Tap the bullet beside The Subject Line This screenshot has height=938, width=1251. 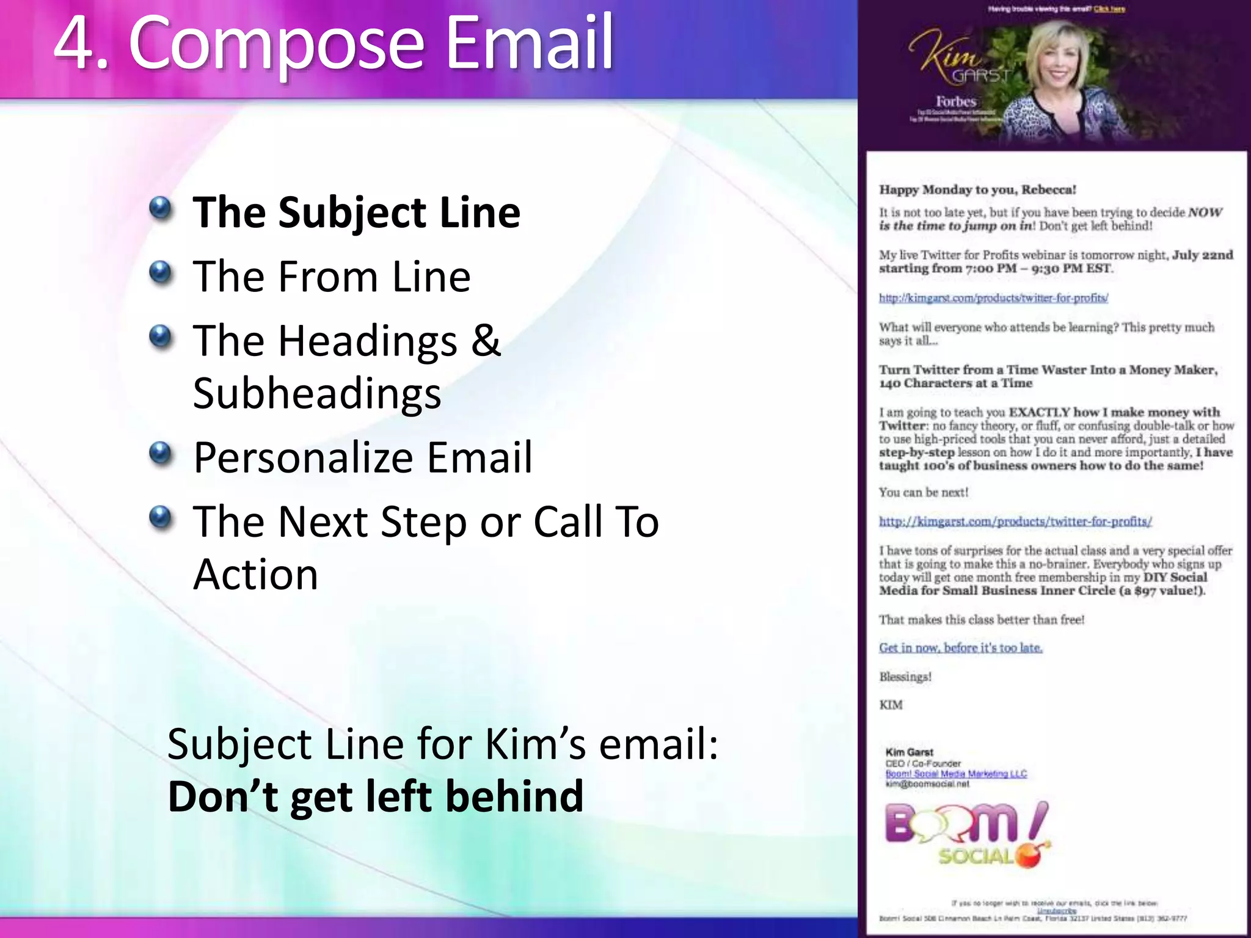click(x=161, y=208)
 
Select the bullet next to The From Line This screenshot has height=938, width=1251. click(x=161, y=272)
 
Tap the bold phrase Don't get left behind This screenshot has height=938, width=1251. click(x=376, y=797)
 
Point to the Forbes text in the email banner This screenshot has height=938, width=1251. click(x=956, y=101)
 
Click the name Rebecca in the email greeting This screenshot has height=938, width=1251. click(x=1048, y=189)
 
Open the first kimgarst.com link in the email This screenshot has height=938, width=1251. click(x=993, y=298)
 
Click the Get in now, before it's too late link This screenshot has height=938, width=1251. click(x=960, y=648)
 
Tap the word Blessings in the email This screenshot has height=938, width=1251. click(x=905, y=677)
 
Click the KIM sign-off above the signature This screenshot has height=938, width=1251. click(x=891, y=705)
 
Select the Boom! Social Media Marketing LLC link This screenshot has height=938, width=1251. click(x=956, y=774)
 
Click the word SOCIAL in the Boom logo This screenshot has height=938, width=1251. click(x=976, y=856)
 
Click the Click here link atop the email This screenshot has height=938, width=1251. click(x=1109, y=9)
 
